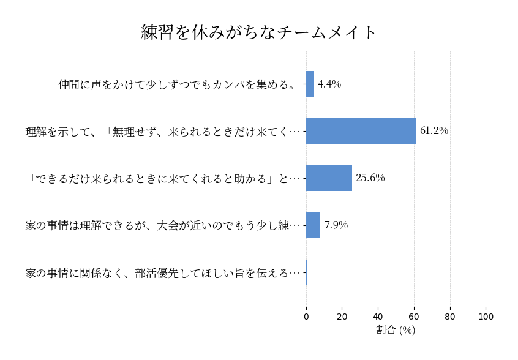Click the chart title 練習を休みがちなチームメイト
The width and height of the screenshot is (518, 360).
tap(259, 32)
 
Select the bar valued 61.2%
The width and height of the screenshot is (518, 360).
tap(361, 131)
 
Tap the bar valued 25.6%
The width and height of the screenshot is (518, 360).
tap(329, 178)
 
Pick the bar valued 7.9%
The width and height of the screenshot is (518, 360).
tap(313, 225)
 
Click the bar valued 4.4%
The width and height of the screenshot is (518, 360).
tap(310, 84)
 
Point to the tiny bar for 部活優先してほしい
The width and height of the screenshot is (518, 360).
tap(307, 272)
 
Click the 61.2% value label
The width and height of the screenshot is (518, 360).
tap(434, 131)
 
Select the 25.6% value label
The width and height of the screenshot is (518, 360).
tap(370, 178)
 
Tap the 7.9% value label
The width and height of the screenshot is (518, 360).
tap(336, 225)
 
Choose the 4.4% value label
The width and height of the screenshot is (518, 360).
tap(329, 84)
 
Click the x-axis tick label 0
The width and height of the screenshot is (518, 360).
tap(306, 317)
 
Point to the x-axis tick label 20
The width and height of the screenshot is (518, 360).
tap(342, 317)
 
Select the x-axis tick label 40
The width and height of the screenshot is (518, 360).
tap(378, 317)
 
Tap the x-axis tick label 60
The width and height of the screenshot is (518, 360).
tap(414, 317)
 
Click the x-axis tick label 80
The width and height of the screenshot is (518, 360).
tap(450, 317)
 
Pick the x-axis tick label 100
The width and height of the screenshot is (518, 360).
tap(486, 317)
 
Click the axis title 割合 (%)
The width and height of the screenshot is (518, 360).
tap(396, 330)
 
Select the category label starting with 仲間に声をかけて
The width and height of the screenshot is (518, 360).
tap(178, 84)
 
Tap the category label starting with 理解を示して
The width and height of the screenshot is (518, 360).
tap(162, 131)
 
